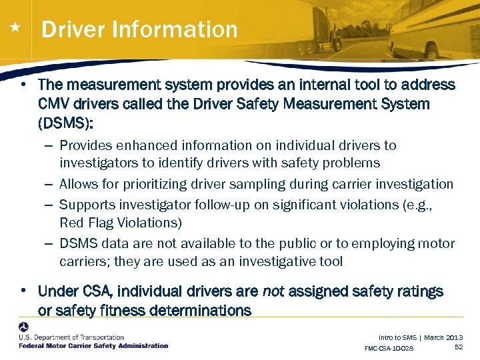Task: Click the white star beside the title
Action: coord(15,28)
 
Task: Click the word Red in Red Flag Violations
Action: coord(71,223)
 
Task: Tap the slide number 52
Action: coord(459,347)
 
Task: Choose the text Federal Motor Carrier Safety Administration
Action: coord(93,346)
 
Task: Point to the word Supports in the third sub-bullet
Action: coord(85,204)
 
